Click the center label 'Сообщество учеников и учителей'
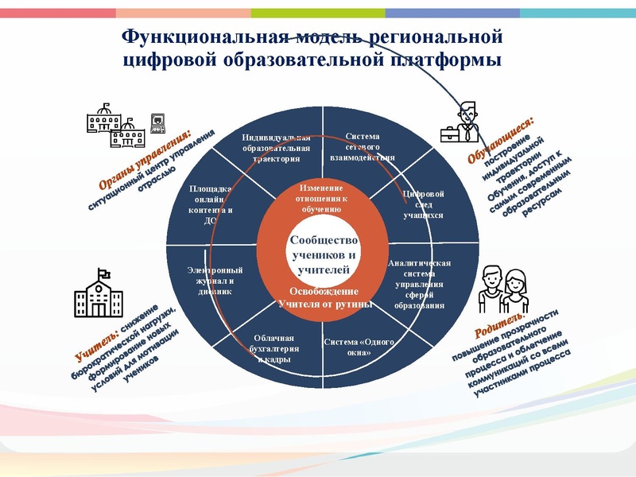click(x=324, y=254)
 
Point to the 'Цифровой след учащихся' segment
click(x=423, y=204)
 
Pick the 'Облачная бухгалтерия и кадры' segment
click(x=273, y=347)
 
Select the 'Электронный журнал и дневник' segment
click(x=215, y=281)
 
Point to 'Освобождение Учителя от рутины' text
click(x=324, y=297)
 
